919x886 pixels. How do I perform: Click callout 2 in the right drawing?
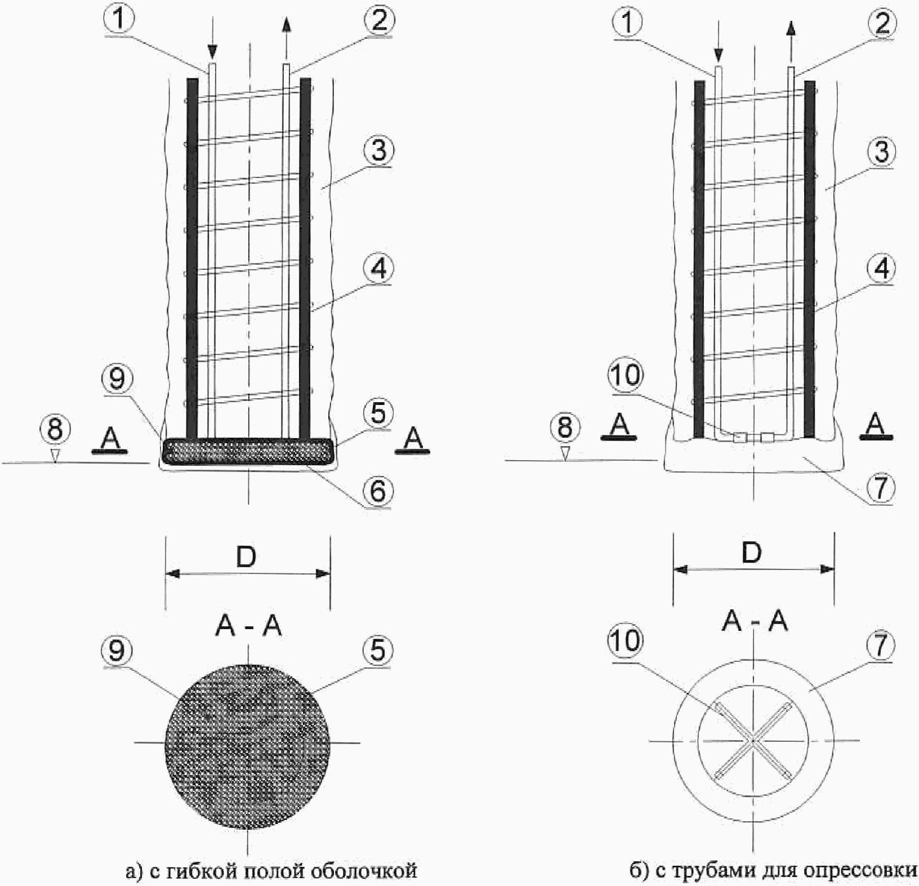(x=882, y=22)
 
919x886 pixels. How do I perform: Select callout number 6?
(x=377, y=490)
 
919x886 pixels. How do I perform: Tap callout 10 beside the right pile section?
(x=626, y=375)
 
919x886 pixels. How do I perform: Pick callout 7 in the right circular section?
(x=881, y=644)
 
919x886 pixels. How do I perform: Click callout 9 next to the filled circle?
(x=117, y=650)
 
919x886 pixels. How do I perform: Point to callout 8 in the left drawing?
(x=55, y=429)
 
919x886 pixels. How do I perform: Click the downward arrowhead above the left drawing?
(x=212, y=52)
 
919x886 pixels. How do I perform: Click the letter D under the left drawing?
(x=247, y=557)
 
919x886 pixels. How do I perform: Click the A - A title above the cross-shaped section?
(x=755, y=621)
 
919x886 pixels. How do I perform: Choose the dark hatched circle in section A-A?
(x=248, y=742)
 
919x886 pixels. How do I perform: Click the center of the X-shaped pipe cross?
(x=753, y=741)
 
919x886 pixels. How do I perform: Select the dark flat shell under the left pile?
(x=248, y=451)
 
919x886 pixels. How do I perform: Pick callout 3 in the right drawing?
(x=881, y=151)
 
